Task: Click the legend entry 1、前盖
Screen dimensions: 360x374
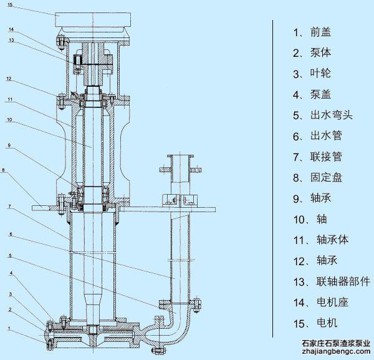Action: [x=312, y=32]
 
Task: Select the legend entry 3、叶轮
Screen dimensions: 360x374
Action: [x=312, y=74]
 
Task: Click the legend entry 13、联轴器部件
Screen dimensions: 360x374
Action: [x=331, y=281]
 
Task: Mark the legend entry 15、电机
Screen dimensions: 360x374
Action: [x=315, y=323]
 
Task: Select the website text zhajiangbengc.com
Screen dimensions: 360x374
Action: [x=337, y=353]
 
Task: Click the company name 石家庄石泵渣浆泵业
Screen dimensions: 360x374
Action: [x=336, y=343]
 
